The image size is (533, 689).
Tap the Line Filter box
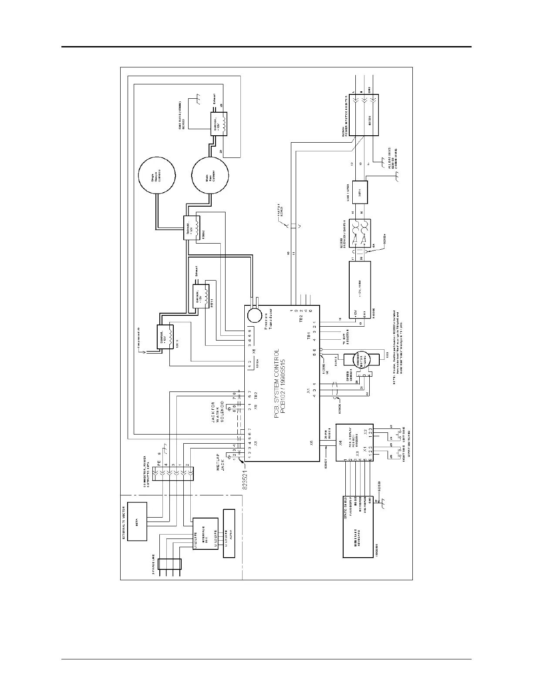[x=360, y=192]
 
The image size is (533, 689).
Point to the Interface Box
[x=205, y=534]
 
